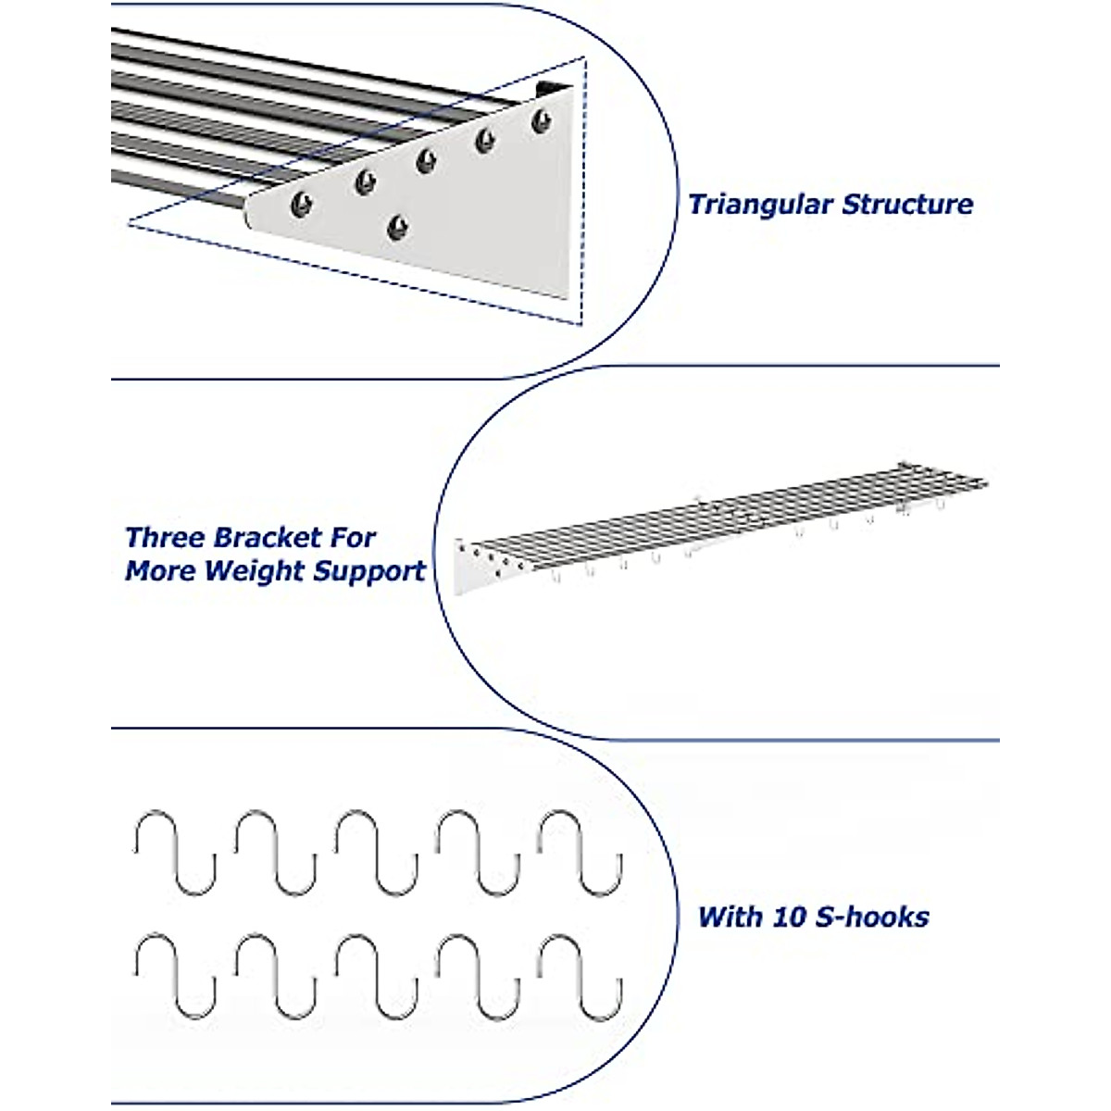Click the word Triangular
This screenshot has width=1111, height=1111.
click(x=758, y=205)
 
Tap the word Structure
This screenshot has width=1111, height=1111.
click(x=907, y=205)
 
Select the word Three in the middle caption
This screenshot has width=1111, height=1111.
click(x=166, y=538)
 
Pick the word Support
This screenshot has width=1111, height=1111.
click(x=369, y=571)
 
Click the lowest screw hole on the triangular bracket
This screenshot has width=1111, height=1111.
click(x=398, y=225)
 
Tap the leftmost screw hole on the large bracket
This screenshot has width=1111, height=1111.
click(x=301, y=202)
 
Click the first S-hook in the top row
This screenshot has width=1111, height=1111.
click(x=175, y=853)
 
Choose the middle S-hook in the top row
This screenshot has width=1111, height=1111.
click(x=377, y=853)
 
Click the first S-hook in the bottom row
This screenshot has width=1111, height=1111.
click(x=175, y=978)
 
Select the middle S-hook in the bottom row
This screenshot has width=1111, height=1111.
click(x=377, y=978)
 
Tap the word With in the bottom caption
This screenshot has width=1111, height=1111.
click(x=729, y=918)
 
